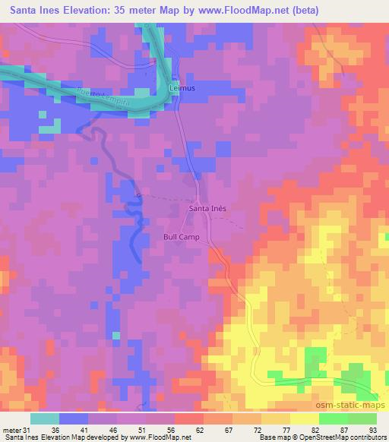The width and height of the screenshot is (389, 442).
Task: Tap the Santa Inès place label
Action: (x=207, y=207)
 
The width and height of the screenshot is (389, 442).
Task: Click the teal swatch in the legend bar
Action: (x=45, y=419)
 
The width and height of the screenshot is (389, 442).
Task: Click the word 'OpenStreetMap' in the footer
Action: (x=316, y=437)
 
